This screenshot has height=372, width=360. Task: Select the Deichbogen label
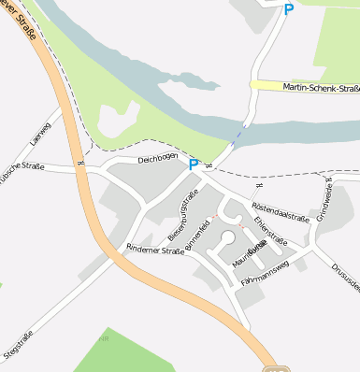coord(157,159)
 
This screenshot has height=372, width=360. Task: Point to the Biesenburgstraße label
coord(183,213)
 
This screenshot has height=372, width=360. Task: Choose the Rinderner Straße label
coord(155,250)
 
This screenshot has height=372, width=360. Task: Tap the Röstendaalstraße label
coord(281,210)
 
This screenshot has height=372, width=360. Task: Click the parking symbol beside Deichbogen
coord(194,165)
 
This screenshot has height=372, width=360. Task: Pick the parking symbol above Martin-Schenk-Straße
coord(288,9)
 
